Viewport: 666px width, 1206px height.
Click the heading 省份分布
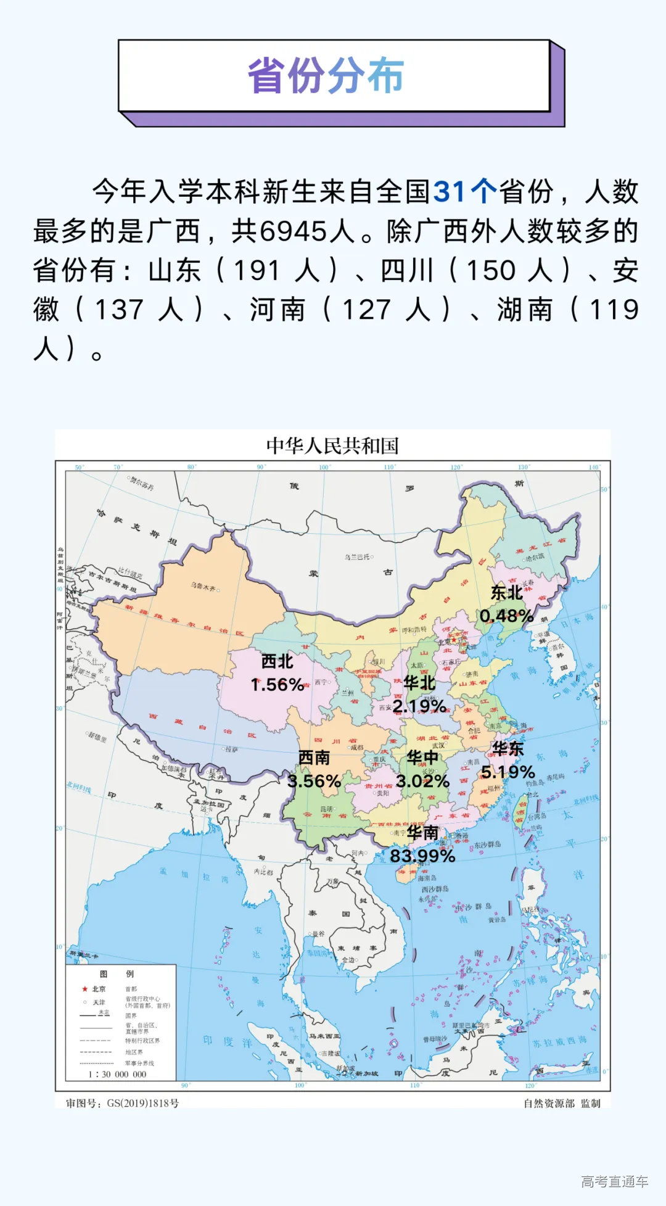pos(326,76)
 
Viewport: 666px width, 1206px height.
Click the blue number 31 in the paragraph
pos(449,192)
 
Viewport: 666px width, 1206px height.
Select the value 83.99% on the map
pos(422,856)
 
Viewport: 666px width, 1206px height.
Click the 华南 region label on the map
pos(422,833)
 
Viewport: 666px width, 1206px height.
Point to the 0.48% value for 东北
pos(506,616)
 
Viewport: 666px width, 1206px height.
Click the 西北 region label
pos(277,661)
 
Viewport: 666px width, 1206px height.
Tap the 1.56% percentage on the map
pos(277,685)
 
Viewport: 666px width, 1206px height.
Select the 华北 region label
pos(419,683)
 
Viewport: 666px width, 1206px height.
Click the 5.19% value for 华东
pos(508,772)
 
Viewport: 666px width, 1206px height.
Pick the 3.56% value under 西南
pos(314,781)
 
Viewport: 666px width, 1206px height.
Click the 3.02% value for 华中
pos(422,781)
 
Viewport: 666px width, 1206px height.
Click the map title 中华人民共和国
pos(332,445)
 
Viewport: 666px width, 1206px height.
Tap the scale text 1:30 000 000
pos(117,1074)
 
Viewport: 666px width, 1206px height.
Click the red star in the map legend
pos(84,989)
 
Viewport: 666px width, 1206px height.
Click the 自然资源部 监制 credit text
pos(561,1103)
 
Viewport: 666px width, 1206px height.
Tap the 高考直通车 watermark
pos(614,1181)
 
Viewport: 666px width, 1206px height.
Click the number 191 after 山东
pos(257,271)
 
